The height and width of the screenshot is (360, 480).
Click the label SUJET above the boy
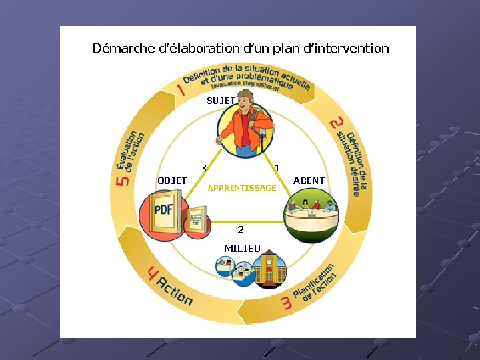220,101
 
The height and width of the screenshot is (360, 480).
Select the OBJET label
172,181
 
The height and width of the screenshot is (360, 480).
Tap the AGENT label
309,181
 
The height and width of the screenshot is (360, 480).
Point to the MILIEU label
243,248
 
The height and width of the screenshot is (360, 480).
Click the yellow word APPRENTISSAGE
241,189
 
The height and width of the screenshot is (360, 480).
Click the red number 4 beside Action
153,273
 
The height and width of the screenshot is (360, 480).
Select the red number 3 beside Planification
287,304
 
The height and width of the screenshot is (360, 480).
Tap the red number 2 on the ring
337,123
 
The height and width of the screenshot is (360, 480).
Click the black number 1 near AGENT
277,167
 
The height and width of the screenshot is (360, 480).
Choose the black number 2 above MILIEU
241,229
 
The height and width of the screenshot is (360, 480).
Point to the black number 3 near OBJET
203,167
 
